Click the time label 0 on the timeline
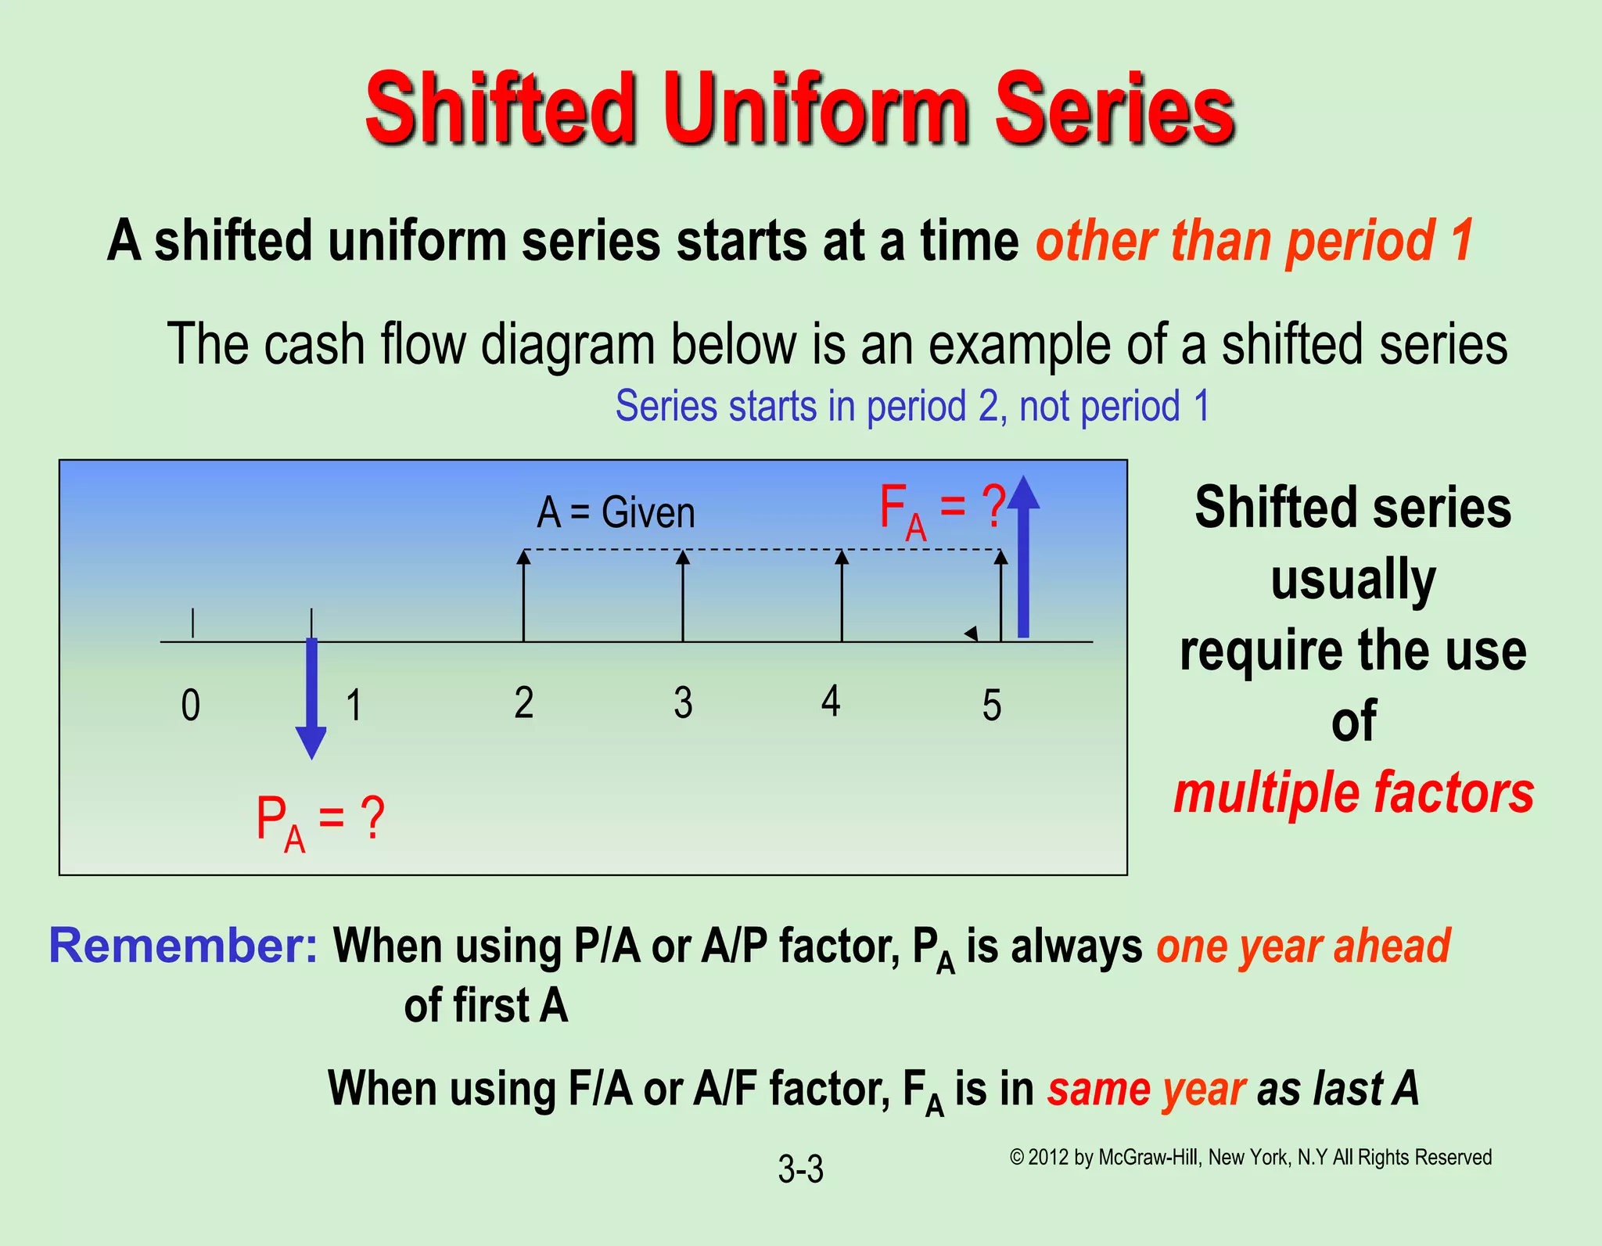coord(191,705)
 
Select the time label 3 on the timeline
coord(683,702)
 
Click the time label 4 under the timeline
coord(831,700)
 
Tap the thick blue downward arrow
coord(311,696)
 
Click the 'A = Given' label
coord(616,513)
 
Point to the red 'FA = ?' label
coord(941,511)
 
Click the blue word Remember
coord(183,946)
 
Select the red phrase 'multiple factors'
coord(1353,793)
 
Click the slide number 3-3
coord(800,1169)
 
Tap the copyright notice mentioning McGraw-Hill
coord(1250,1157)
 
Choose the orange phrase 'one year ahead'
coord(1303,946)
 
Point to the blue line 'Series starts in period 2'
coord(912,407)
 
